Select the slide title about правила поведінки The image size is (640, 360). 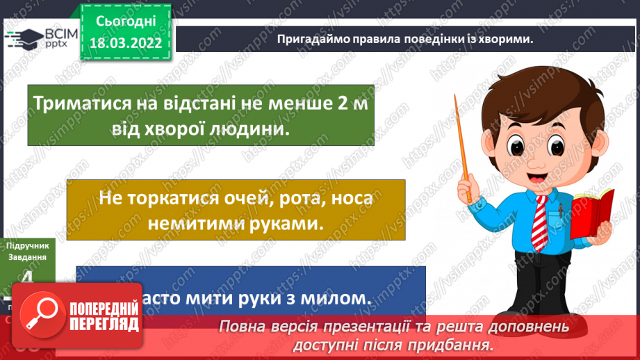(404, 38)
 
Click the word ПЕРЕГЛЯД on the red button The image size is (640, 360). (105, 324)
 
